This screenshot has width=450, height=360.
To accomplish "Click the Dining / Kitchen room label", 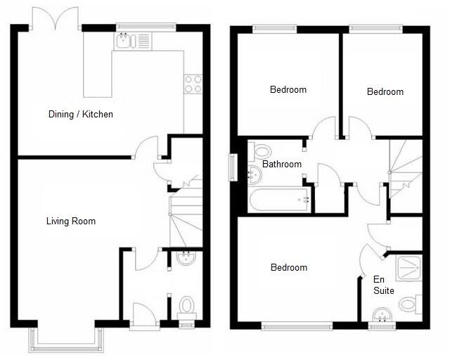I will pyautogui.click(x=80, y=114).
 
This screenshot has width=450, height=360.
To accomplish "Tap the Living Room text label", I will pyautogui.click(x=70, y=221).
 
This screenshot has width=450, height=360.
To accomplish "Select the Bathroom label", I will pyautogui.click(x=282, y=165).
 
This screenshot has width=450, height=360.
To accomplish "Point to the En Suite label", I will pyautogui.click(x=383, y=285).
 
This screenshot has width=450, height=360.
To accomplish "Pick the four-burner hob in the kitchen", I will pyautogui.click(x=193, y=84).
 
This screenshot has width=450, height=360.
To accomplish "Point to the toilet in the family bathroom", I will pyautogui.click(x=260, y=150).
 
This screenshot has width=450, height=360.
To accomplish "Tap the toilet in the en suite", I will pyautogui.click(x=408, y=304).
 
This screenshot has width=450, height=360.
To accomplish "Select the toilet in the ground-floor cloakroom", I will pyautogui.click(x=186, y=307).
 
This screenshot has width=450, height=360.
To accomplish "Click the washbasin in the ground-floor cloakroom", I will pyautogui.click(x=186, y=259).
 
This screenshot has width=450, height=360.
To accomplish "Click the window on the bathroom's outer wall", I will pyautogui.click(x=233, y=167).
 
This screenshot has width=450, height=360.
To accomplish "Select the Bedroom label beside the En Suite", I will pyautogui.click(x=289, y=268).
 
